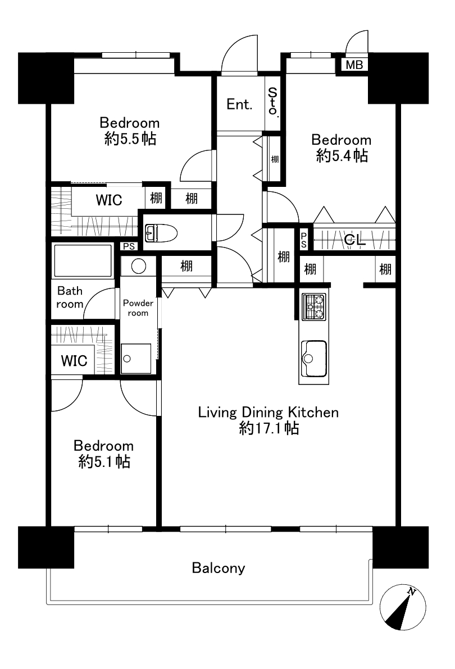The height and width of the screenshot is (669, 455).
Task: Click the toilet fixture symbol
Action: coord(161,233)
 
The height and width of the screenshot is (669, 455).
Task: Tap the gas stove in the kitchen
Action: coord(313,307)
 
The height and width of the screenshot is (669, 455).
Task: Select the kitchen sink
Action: coord(313,359)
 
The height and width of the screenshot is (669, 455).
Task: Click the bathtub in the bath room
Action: coord(83,260)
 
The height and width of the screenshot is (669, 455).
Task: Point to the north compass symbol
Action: coord(403,607)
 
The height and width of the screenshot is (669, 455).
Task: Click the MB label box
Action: coord(354,65)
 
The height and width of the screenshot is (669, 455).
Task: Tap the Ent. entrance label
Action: coord(239,104)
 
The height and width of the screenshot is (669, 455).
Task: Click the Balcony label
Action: coord(219,569)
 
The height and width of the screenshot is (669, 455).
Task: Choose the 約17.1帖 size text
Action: coord(269,428)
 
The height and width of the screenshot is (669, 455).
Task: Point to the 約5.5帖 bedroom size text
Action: coord(130,139)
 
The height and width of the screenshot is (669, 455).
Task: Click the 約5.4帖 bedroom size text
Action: coord(342,155)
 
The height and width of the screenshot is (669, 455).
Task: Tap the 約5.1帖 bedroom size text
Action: coord(104,462)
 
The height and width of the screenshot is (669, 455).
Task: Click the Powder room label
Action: coord(138,308)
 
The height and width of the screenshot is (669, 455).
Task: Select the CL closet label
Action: coord(354,241)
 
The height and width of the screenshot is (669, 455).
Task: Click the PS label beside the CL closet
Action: coord(303,240)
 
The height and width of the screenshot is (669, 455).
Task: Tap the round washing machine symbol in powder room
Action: coord(138,267)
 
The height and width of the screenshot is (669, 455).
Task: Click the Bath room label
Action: coord(70,297)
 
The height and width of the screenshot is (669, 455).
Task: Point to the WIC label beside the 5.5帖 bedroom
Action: coord(109,200)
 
